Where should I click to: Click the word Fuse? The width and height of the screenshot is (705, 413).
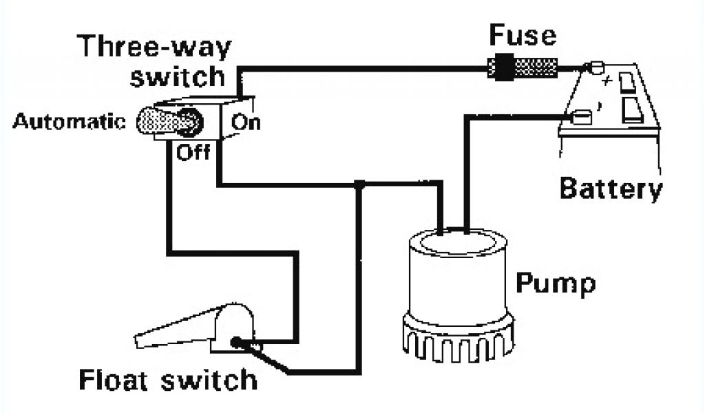click(x=523, y=36)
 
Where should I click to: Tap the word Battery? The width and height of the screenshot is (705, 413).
click(x=611, y=189)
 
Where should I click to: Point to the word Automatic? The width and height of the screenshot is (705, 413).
click(x=69, y=121)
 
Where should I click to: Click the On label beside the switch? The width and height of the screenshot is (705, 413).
click(x=246, y=123)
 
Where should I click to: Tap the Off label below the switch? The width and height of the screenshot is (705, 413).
click(x=193, y=153)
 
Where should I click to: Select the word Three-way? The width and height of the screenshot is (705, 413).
click(x=154, y=46)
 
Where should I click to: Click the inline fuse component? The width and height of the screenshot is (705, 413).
click(x=523, y=68)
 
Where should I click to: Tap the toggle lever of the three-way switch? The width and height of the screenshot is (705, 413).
click(x=169, y=121)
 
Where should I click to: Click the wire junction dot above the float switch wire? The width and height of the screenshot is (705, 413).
click(x=359, y=184)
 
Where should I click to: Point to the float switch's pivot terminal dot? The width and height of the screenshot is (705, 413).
click(x=235, y=342)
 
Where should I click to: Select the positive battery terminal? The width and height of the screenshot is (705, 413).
click(x=596, y=67)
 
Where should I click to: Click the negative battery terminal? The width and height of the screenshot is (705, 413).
click(x=582, y=117)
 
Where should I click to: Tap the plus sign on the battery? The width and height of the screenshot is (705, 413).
click(x=607, y=82)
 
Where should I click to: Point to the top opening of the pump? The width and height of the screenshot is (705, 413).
click(x=458, y=242)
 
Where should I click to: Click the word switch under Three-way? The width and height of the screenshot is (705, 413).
click(x=178, y=77)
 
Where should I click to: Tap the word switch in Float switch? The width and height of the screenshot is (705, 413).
click(x=209, y=380)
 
